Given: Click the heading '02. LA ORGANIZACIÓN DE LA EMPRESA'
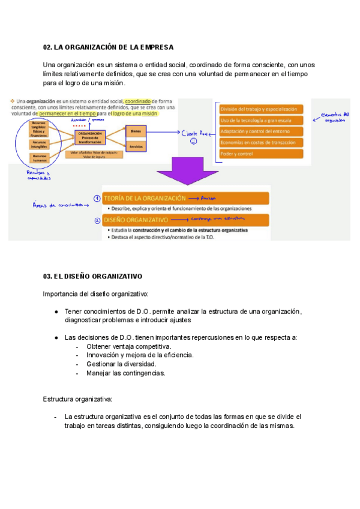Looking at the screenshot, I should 108,47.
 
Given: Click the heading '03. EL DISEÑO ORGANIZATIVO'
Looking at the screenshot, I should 92,277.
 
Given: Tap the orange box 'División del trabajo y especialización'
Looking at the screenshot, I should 261,109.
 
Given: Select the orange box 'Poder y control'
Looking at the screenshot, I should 261,153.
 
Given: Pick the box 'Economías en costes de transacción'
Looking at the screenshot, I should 261,142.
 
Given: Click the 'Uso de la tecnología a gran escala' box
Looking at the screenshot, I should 261,120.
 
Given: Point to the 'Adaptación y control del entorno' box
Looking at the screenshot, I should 261,131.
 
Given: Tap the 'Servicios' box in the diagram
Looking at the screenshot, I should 136,146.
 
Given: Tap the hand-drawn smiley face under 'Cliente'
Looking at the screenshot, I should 194,143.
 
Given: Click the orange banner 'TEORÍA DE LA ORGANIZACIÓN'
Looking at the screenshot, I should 186,198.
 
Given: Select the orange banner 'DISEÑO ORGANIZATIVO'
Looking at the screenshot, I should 186,220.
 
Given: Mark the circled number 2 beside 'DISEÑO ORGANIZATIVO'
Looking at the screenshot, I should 97,220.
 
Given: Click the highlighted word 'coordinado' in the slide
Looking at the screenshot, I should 138,101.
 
